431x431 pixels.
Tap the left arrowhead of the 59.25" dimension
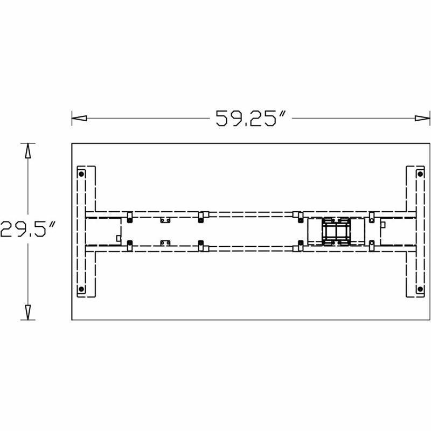click(x=79, y=118)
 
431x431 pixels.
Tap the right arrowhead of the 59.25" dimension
click(x=422, y=118)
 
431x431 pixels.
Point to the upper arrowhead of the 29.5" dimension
click(x=28, y=151)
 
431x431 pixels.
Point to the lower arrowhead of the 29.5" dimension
click(x=28, y=312)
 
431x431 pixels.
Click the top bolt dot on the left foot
click(x=81, y=174)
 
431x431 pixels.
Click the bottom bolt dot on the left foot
click(x=81, y=289)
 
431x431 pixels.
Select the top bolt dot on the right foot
click(x=420, y=174)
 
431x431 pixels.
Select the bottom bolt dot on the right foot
click(x=420, y=289)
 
